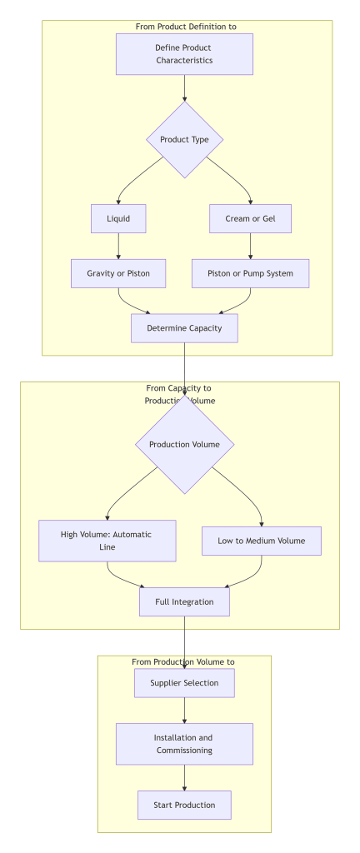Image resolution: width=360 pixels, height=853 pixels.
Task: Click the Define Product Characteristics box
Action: pos(184,54)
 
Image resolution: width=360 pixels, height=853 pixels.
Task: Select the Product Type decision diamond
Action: pos(184,139)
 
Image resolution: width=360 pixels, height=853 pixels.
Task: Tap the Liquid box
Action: pos(118,218)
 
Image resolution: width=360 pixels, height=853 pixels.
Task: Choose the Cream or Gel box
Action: pos(250,218)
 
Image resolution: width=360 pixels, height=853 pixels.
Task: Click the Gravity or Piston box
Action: pos(118,273)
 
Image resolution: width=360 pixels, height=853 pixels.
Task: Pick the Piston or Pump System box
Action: pos(250,273)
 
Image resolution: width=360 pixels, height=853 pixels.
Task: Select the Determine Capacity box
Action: pos(184,328)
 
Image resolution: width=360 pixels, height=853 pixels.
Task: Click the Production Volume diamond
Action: pos(184,444)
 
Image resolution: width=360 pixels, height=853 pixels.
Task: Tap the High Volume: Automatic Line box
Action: pos(107,541)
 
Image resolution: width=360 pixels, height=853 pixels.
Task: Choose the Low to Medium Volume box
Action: pos(262,541)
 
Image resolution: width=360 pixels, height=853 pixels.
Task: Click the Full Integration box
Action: pos(184,601)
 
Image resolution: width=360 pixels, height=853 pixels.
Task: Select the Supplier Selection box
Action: pos(184,683)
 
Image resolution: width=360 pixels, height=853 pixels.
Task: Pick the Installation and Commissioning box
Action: pos(184,744)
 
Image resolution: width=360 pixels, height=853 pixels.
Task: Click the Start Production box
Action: pos(184,805)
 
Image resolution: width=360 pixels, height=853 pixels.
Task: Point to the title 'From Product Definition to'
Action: pos(186,27)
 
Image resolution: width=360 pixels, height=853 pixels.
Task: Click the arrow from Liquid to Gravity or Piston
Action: pos(118,246)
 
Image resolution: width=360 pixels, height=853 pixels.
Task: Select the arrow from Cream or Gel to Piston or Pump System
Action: pos(250,246)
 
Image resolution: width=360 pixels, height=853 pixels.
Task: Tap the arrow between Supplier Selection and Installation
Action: pos(184,710)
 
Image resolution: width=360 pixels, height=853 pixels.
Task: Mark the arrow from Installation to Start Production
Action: pos(184,777)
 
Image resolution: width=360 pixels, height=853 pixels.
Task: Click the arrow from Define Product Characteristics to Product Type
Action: pos(184,87)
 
